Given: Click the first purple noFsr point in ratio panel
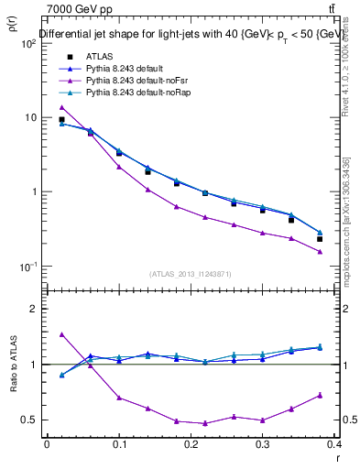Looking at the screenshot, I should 61,334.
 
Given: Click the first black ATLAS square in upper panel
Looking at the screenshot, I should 61,119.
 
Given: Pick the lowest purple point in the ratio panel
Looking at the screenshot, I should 205,423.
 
